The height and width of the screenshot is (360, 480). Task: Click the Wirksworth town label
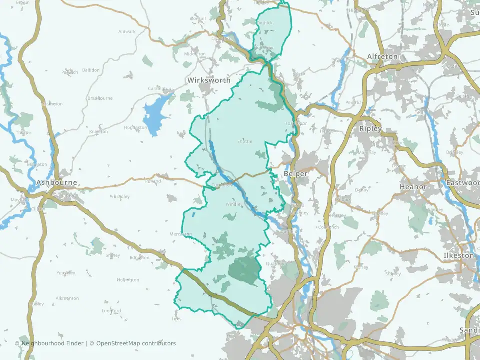click(x=209, y=80)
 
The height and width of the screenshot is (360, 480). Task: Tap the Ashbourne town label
click(x=57, y=183)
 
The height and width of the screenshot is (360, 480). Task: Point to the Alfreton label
click(x=382, y=57)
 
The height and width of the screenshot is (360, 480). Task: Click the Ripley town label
click(x=370, y=129)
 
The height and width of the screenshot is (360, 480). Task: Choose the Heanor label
click(x=413, y=187)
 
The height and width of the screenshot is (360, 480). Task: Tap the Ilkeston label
click(x=458, y=255)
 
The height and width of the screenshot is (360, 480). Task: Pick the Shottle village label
click(x=244, y=141)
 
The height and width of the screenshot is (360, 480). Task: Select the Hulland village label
click(x=153, y=181)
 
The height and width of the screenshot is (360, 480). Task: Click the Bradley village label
click(x=121, y=197)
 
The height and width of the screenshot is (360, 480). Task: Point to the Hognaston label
click(x=135, y=128)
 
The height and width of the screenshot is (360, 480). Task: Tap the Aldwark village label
click(x=127, y=32)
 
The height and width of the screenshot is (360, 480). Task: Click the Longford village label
click(x=111, y=311)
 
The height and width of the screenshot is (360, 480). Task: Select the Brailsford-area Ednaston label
click(x=139, y=258)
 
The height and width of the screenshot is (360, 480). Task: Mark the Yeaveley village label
click(x=66, y=273)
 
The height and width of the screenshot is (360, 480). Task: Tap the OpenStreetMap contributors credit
click(x=136, y=343)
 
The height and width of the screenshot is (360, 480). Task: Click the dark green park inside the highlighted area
click(x=244, y=270)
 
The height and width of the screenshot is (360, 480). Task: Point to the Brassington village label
click(x=51, y=104)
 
